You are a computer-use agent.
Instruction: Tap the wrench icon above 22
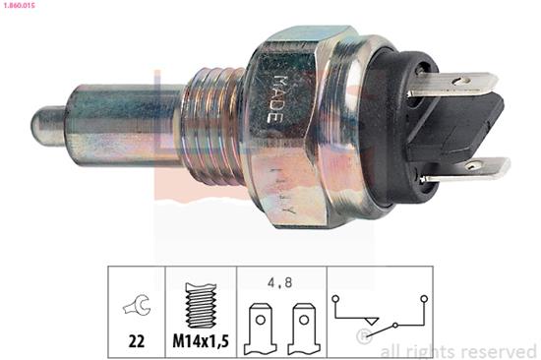click(x=137, y=306)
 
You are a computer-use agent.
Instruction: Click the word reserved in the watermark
click(x=497, y=350)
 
